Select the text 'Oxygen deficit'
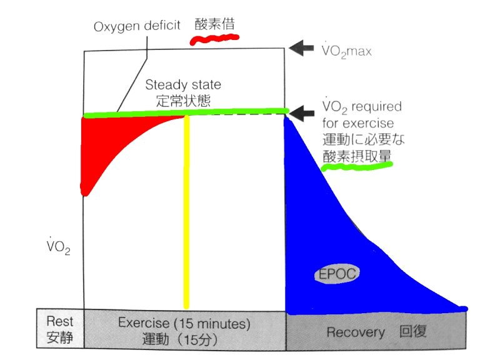137,26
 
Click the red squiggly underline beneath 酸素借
214,41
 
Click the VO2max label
347,50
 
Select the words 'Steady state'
182,84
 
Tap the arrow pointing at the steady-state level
305,112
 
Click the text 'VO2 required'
362,106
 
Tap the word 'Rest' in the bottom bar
60,321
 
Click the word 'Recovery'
355,332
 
